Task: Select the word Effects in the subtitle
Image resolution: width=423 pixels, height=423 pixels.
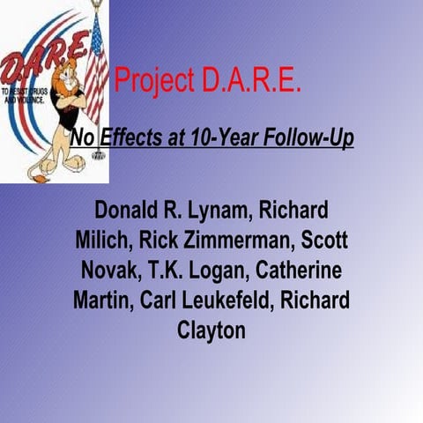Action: pos(129,138)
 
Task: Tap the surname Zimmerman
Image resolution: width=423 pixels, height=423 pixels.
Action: pos(242,241)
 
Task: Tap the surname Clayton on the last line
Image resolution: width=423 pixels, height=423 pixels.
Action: pos(211,331)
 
